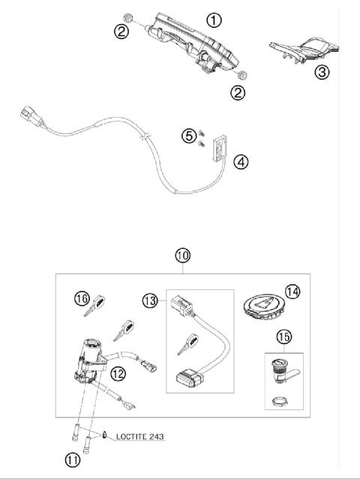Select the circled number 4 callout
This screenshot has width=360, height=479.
pos(240,160)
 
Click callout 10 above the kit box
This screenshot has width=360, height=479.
pos(182,256)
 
